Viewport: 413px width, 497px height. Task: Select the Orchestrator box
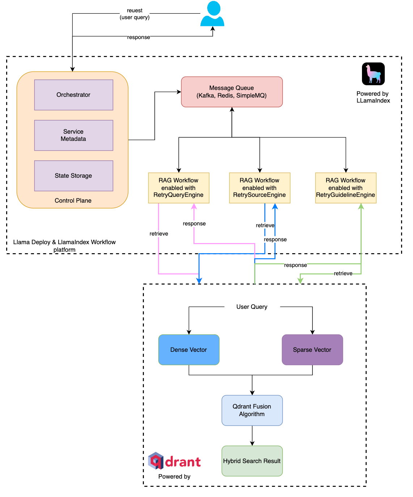point(74,95)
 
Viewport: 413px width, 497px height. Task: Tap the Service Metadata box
point(74,135)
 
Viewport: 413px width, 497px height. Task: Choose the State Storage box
point(74,176)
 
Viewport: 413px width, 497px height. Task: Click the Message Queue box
point(232,92)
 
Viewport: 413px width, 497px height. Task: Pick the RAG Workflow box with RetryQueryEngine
point(179,188)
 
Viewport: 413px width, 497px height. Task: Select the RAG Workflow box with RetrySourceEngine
point(260,188)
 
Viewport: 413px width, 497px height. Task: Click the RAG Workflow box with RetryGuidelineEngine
point(346,188)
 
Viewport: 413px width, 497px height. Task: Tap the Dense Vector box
point(189,350)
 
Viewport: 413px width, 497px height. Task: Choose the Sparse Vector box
point(312,350)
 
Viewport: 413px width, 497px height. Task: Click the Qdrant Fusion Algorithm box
point(252,410)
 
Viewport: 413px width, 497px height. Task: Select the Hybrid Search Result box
point(252,461)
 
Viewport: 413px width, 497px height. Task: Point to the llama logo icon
point(373,74)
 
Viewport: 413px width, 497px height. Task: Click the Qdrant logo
point(175,461)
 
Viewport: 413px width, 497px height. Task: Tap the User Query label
point(252,307)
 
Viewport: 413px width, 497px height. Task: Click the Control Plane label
point(73,200)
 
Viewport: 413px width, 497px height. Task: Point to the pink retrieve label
point(159,234)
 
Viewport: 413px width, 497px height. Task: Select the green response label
point(295,265)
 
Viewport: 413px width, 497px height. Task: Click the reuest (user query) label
point(135,14)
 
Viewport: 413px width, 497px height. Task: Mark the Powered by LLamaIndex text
point(373,97)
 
